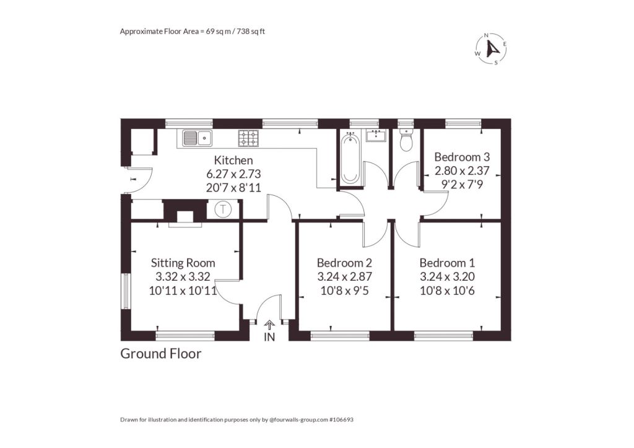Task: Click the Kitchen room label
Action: point(233,160)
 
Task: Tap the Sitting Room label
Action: point(183,263)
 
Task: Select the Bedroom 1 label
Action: point(447,263)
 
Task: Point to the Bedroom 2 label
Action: point(344,263)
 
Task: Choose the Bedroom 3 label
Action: point(462,157)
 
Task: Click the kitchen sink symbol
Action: point(197,138)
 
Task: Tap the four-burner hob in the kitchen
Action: point(248,138)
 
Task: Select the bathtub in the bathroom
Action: point(350,158)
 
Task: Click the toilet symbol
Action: point(405,140)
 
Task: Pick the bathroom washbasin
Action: point(376,136)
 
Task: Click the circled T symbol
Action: point(222,209)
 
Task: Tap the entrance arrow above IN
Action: point(269,325)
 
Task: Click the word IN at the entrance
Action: point(269,336)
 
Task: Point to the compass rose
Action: point(490,49)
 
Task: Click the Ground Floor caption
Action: point(161,354)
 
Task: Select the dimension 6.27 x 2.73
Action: point(233,174)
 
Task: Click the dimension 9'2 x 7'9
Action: point(462,185)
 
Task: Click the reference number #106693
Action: point(341,419)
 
